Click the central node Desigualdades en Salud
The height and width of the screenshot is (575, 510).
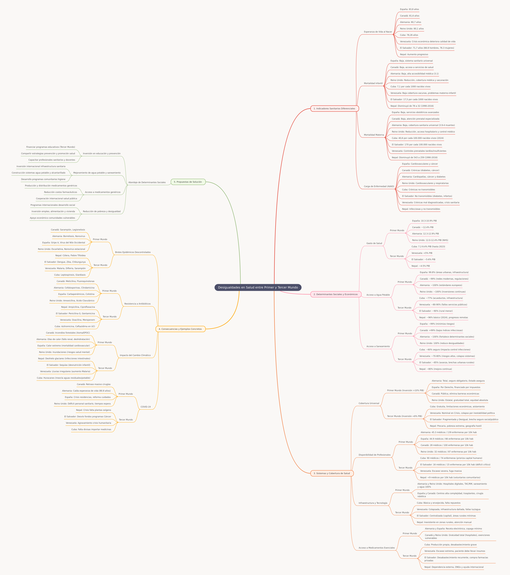tap(258, 287)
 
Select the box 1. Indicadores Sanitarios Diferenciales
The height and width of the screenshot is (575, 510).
tap(334, 109)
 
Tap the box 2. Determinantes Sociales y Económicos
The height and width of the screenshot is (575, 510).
tap(336, 294)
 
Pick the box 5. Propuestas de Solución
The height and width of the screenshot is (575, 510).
tap(188, 182)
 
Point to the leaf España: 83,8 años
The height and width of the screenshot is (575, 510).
tap(409, 9)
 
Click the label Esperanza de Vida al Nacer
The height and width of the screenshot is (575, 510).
tap(378, 32)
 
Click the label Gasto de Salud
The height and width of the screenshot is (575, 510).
tap(374, 243)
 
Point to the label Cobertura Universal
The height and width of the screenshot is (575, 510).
tap(369, 403)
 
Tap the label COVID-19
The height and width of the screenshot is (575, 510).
tap(146, 407)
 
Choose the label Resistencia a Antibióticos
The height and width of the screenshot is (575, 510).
tap(137, 304)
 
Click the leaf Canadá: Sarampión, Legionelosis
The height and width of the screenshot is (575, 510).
tap(68, 230)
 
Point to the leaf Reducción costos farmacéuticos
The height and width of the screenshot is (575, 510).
tap(60, 192)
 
